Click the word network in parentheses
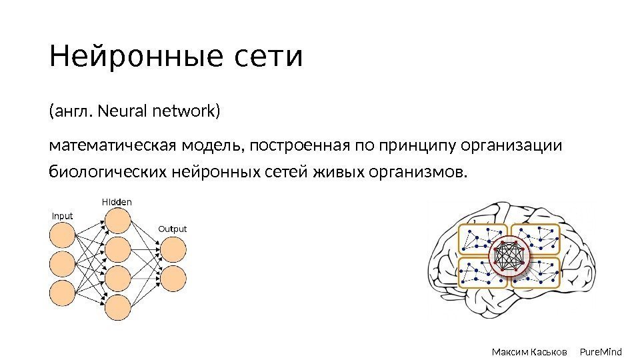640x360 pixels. [183, 111]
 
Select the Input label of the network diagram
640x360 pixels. [62, 216]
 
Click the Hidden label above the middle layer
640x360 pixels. [117, 201]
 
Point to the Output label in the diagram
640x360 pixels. [172, 229]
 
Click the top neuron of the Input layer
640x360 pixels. [63, 235]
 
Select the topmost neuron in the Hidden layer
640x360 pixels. [117, 221]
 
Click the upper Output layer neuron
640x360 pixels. [172, 249]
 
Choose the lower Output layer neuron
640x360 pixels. [172, 277]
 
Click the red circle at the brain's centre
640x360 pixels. [509, 257]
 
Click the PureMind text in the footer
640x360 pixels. [601, 351]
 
